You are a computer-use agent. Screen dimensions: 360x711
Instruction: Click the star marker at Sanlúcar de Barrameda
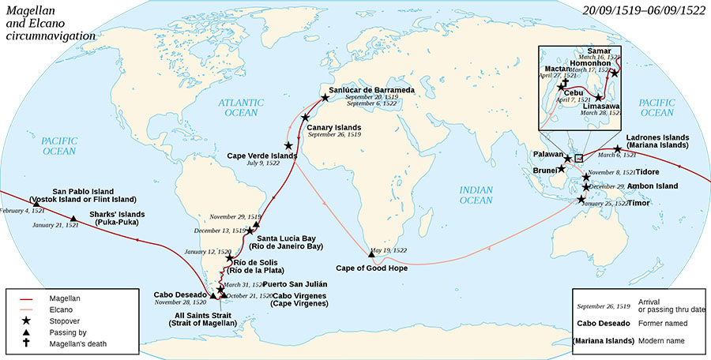pyautogui.click(x=325, y=98)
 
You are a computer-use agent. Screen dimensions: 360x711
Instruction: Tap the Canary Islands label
pyautogui.click(x=334, y=127)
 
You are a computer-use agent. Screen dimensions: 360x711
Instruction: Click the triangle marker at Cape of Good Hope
pyautogui.click(x=371, y=253)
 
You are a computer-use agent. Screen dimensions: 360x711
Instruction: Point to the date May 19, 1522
pyautogui.click(x=389, y=249)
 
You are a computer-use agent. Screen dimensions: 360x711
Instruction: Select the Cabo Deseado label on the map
pyautogui.click(x=180, y=294)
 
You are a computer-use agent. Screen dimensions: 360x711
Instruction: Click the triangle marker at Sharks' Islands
pyautogui.click(x=73, y=219)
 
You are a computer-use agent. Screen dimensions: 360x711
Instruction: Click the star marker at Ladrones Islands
pyautogui.click(x=617, y=150)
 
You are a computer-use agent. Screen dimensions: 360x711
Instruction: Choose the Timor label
pyautogui.click(x=642, y=202)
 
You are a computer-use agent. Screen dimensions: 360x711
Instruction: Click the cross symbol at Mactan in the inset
pyautogui.click(x=564, y=82)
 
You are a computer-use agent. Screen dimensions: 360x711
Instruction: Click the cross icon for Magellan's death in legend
pyautogui.click(x=26, y=344)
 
